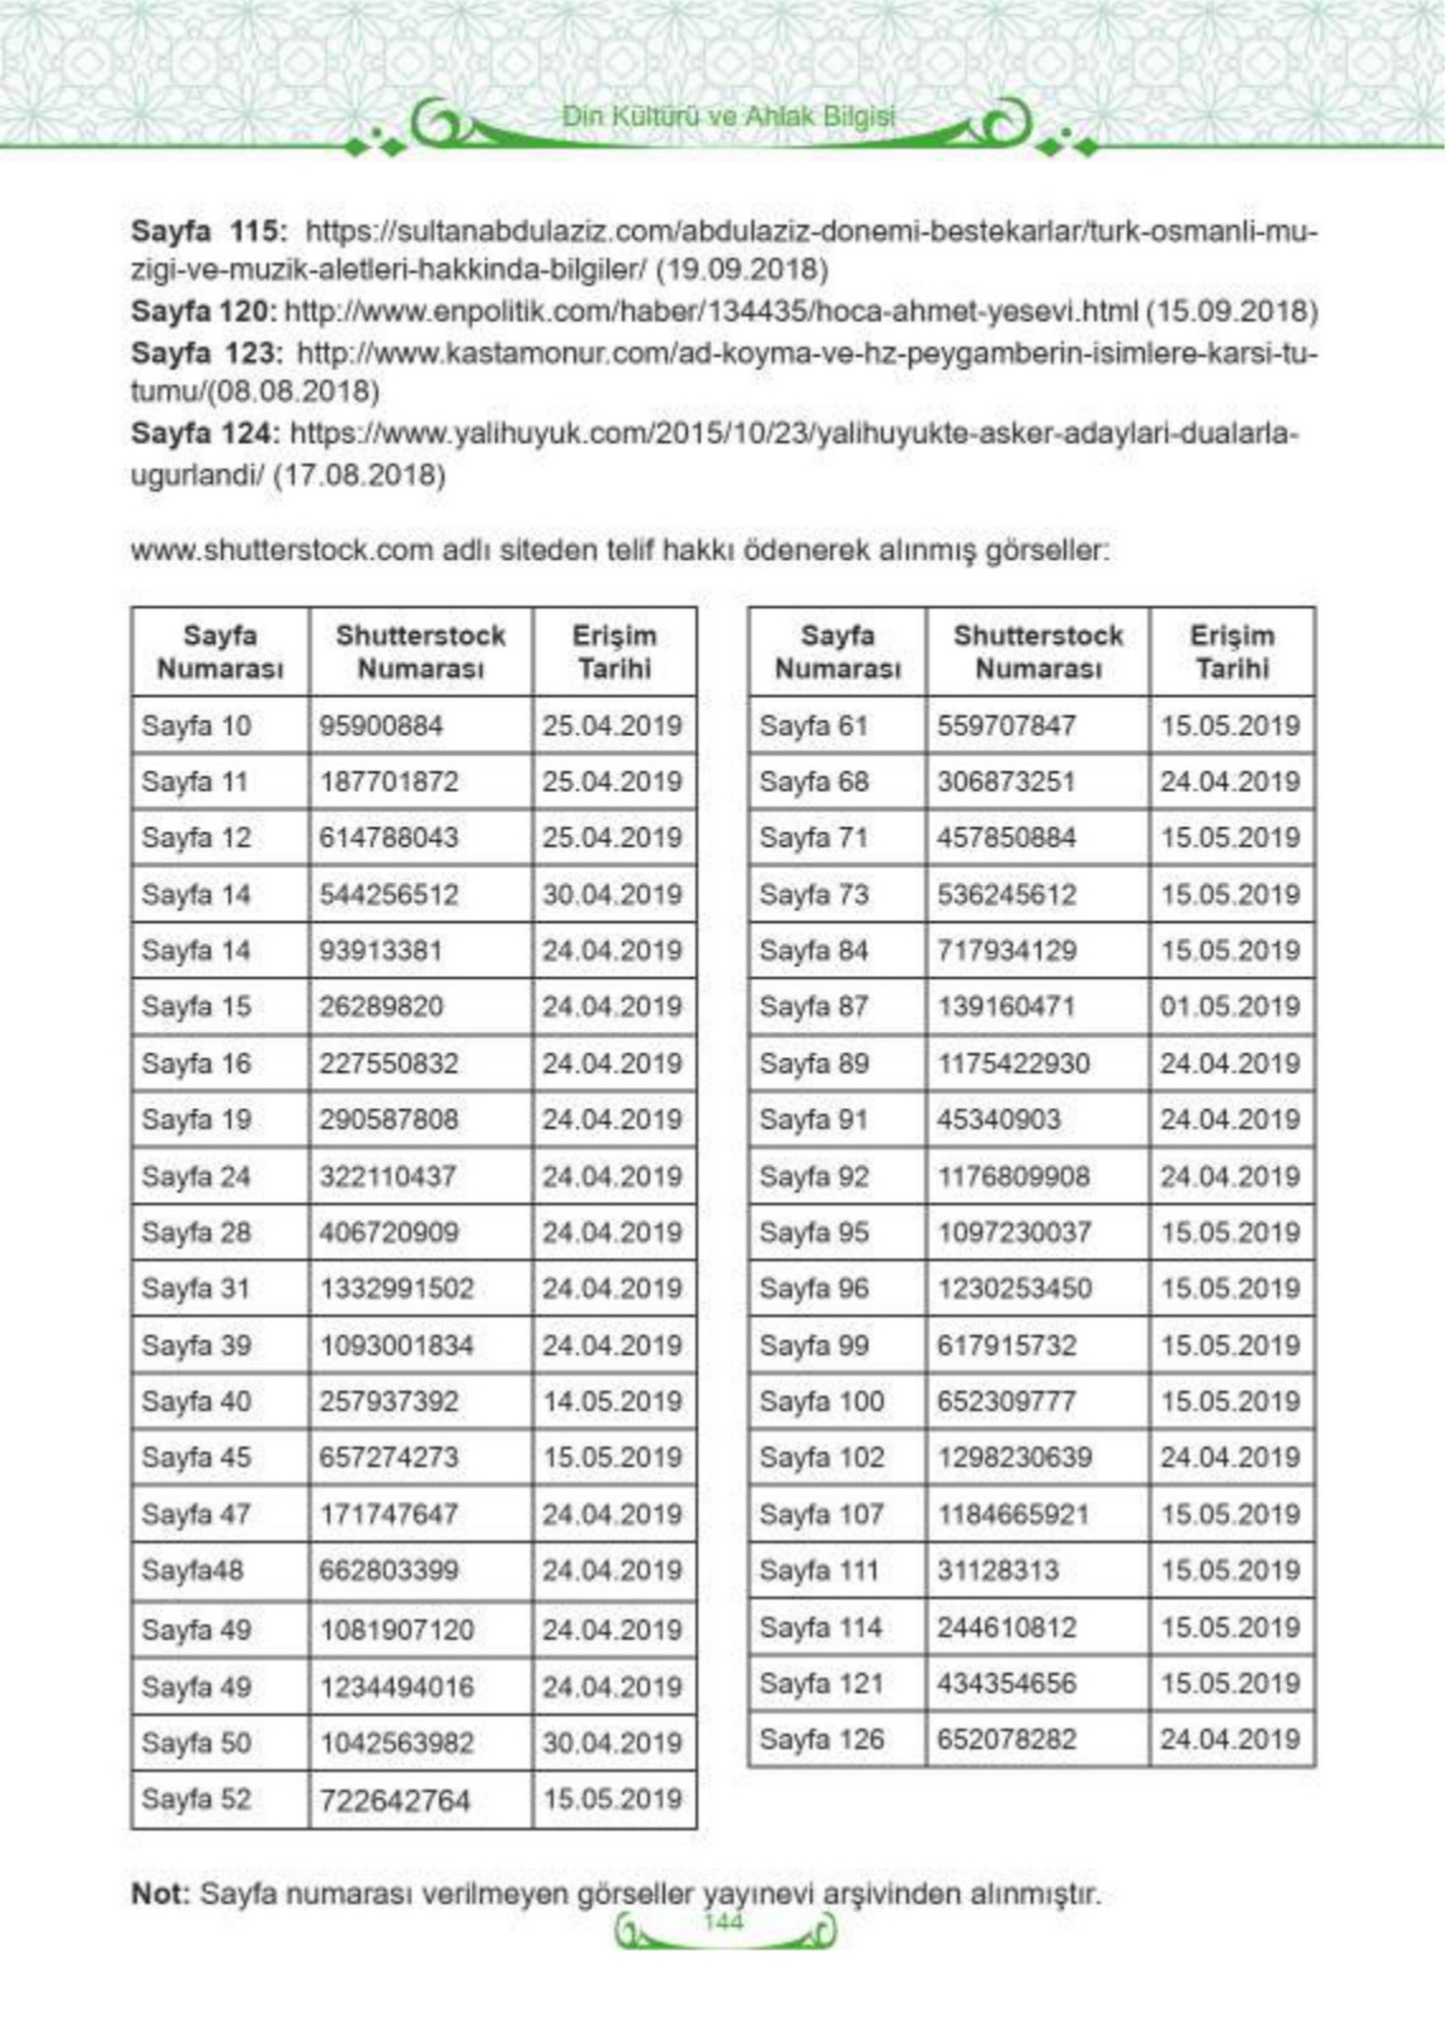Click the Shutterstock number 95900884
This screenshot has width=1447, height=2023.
click(381, 726)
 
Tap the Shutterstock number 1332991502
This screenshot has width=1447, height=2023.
click(397, 1289)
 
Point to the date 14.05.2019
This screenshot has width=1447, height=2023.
click(612, 1401)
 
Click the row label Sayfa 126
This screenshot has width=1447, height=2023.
click(822, 1739)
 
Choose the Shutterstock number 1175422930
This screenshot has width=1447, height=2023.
click(1014, 1064)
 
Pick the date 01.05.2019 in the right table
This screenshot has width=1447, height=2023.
click(1230, 1007)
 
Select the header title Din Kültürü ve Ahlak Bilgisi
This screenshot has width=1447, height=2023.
click(728, 117)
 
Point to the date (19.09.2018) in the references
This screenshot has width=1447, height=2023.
click(742, 269)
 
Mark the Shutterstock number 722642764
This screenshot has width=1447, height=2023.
click(393, 1801)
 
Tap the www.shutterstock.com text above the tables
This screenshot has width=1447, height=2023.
click(284, 552)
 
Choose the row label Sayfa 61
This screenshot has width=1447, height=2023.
click(812, 726)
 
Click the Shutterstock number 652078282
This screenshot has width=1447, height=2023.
click(1007, 1739)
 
